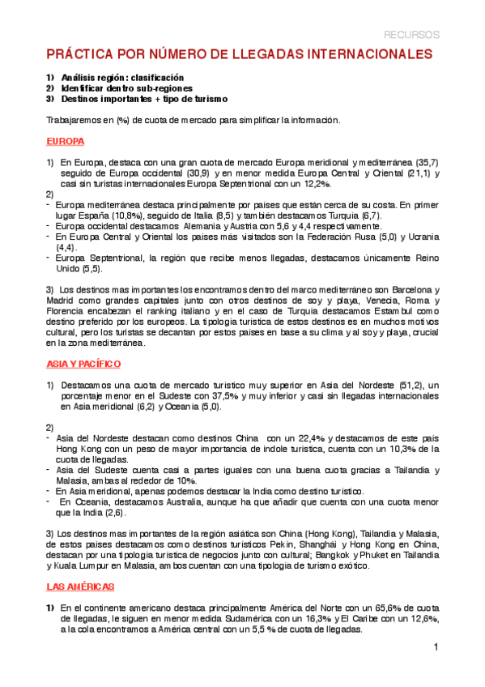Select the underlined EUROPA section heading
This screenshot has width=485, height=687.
[66, 140]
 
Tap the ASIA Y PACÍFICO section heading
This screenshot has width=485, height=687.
[83, 365]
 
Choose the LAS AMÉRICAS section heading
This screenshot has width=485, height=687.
[80, 585]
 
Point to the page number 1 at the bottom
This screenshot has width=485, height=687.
[436, 646]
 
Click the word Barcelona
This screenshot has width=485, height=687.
[405, 289]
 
